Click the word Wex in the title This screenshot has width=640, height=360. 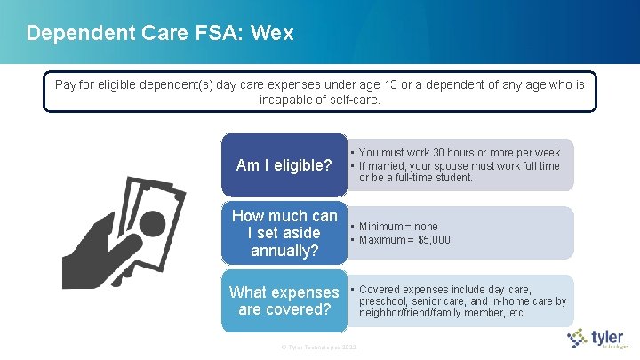click(272, 34)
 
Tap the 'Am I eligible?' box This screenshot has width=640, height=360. click(284, 165)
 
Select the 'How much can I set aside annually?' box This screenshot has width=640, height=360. click(284, 233)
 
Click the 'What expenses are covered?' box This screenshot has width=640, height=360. click(284, 301)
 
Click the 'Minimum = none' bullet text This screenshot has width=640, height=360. click(398, 227)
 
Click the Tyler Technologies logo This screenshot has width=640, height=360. click(598, 339)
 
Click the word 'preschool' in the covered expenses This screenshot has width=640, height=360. click(383, 301)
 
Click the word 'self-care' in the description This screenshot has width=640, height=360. click(352, 100)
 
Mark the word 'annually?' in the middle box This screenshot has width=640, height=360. click(284, 250)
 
